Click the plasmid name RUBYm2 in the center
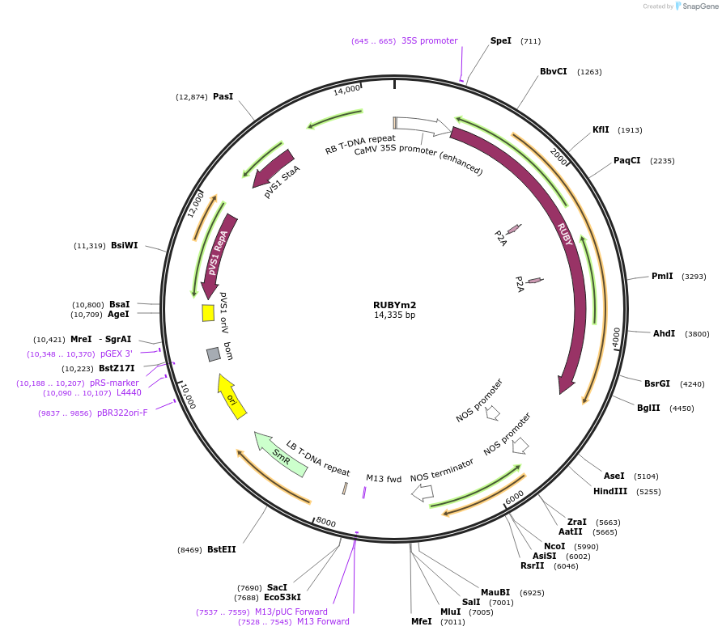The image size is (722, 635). [394, 305]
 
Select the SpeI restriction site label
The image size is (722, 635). [501, 40]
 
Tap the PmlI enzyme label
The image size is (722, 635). [662, 276]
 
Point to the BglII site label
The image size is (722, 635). [648, 408]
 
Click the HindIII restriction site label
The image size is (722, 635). [610, 491]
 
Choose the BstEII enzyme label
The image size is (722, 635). [221, 549]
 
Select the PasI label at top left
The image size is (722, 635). [223, 96]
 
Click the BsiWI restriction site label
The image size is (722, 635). [125, 245]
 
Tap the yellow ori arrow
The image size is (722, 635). [231, 396]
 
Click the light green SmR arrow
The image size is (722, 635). [280, 454]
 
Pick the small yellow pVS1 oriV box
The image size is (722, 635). [208, 312]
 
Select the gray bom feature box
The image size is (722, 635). [214, 353]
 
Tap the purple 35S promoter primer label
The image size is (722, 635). [429, 40]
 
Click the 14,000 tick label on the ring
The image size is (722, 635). [346, 89]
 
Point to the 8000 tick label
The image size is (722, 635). [325, 522]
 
